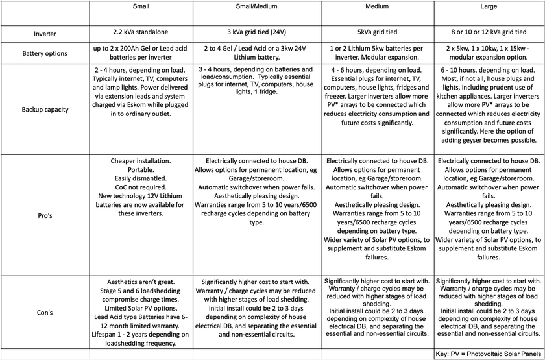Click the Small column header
[140, 7]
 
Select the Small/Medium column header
[257, 7]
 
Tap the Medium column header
[378, 7]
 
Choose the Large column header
[490, 7]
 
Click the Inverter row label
[45, 34]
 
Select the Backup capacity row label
[45, 109]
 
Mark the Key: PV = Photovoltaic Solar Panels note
[489, 354]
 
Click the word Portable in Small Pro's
[140, 169]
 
